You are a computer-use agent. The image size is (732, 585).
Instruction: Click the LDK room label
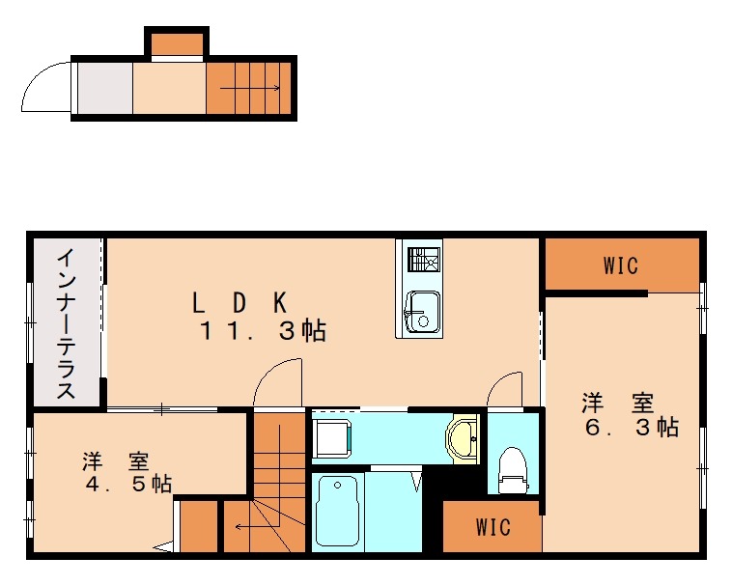point(238,302)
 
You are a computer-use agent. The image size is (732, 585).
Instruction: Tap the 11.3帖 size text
point(262,332)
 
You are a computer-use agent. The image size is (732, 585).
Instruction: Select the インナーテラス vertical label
point(66,324)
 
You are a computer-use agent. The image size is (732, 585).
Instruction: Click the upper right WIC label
point(621,265)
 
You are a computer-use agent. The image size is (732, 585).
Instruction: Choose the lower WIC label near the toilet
point(493,528)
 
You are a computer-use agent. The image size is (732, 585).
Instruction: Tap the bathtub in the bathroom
point(336,513)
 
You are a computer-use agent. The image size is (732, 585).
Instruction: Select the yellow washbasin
point(465,439)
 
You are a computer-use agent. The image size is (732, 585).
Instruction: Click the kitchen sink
point(421,311)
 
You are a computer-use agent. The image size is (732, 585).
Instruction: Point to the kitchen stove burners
point(423,260)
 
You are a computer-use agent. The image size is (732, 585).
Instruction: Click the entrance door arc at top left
point(45,85)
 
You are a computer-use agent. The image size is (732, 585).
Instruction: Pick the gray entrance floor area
point(104,89)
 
